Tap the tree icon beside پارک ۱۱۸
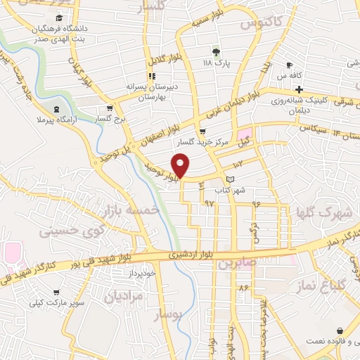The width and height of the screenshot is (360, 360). (x=217, y=51)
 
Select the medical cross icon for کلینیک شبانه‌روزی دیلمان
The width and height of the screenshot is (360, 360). (x=299, y=89)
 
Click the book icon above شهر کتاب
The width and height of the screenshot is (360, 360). (x=231, y=179)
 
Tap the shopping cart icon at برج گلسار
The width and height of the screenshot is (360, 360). (x=109, y=108)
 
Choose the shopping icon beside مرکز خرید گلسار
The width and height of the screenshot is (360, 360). (x=202, y=131)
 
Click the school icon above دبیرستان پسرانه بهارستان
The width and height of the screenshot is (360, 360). (x=151, y=76)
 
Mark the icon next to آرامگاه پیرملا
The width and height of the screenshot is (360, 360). (x=56, y=108)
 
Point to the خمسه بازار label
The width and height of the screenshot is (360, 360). (x=131, y=211)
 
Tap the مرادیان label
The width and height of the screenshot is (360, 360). (x=123, y=297)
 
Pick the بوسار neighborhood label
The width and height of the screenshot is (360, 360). (x=167, y=314)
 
